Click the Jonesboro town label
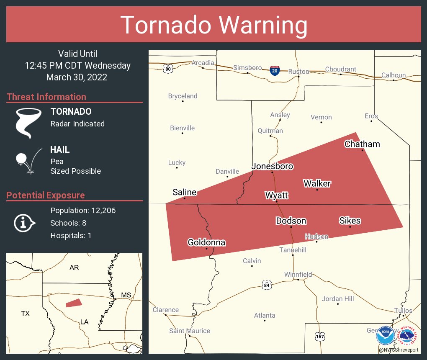pos(272,166)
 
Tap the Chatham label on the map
pos(362,144)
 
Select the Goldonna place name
pos(206,242)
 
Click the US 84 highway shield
pos(267,285)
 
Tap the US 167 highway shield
pos(320,336)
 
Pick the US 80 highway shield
pos(168,68)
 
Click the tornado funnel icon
pos(28,123)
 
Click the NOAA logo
pos(385,336)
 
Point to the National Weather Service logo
pos(408,336)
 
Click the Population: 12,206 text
pos(83,210)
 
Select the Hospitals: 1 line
pos(71,235)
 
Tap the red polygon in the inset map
pos(74,303)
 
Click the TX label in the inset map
pos(26,313)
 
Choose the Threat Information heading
pos(46,97)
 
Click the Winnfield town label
pos(298,274)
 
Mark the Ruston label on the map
pos(298,72)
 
